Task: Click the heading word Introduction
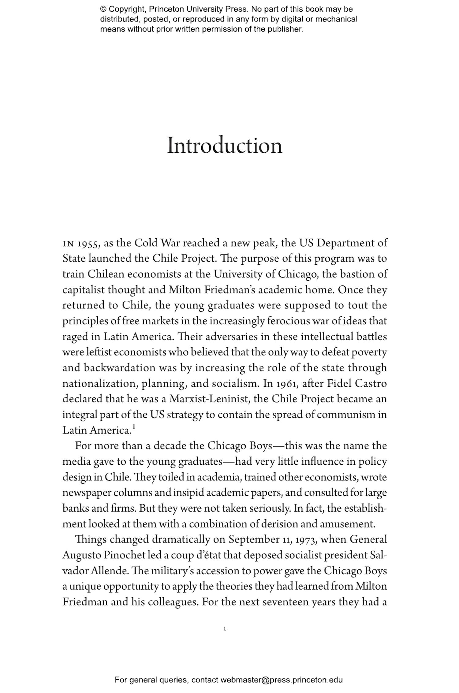[x=224, y=146]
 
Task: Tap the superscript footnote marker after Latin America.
[x=134, y=427]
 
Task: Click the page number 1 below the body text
[x=225, y=628]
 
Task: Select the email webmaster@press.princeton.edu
[x=281, y=680]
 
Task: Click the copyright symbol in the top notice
[x=103, y=9]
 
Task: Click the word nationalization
[x=100, y=383]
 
